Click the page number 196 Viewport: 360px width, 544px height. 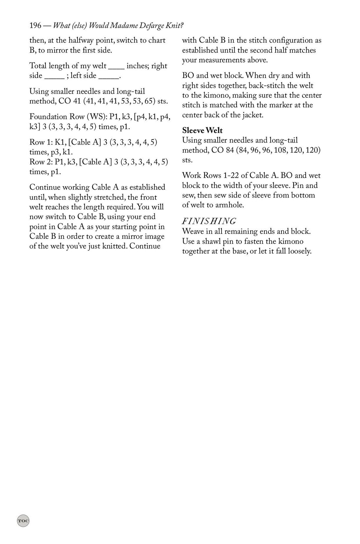pos(35,26)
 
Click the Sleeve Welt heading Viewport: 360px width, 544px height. pos(202,130)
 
